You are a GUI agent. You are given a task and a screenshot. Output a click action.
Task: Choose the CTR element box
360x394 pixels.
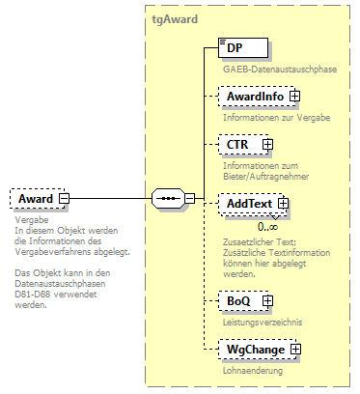point(237,145)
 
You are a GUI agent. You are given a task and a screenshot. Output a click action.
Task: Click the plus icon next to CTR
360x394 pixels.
point(267,145)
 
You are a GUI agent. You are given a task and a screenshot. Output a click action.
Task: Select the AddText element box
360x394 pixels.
point(247,204)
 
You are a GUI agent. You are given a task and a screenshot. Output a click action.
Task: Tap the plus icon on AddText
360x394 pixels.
point(283,204)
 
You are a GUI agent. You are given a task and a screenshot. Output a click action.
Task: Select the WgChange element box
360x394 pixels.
point(253,349)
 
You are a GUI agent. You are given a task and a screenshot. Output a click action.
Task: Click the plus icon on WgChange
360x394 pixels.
point(297,349)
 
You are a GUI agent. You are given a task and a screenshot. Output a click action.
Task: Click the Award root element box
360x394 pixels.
point(35,199)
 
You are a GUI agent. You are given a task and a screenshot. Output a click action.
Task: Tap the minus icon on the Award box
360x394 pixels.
point(64,199)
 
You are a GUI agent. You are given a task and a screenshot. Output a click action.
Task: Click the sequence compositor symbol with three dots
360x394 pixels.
point(167,199)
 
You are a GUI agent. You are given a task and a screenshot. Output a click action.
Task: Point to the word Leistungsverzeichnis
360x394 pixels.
point(263,322)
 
